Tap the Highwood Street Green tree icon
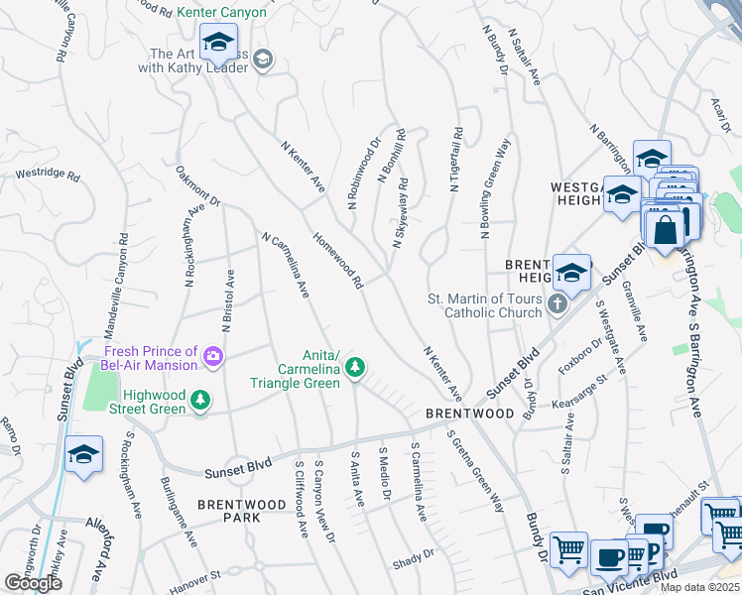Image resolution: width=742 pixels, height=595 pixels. click(201, 399)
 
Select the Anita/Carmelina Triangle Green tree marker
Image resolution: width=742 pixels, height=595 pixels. click(355, 370)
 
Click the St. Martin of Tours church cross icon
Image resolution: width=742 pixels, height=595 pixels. click(556, 303)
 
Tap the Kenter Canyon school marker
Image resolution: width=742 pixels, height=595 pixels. click(217, 45)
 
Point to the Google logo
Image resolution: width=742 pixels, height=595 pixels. click(33, 583)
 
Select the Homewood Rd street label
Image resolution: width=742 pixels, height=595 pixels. click(338, 261)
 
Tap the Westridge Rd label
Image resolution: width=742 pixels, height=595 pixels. click(47, 174)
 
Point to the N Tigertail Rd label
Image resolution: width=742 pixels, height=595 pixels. click(456, 160)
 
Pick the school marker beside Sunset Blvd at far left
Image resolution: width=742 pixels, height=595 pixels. click(84, 455)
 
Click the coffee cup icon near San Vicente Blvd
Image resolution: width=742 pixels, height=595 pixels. click(608, 557)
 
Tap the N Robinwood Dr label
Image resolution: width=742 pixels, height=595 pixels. click(364, 174)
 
